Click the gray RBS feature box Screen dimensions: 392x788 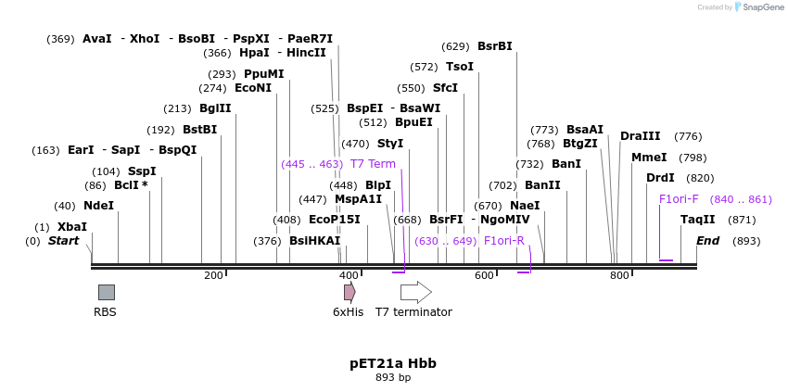click(x=107, y=292)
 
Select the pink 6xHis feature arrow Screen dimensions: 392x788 click(x=350, y=292)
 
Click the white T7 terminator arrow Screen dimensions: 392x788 click(x=415, y=292)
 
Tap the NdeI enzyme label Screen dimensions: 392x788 click(x=98, y=206)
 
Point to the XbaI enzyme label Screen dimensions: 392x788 click(x=72, y=227)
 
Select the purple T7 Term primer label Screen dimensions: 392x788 click(x=373, y=164)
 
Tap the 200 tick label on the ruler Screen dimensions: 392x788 click(x=213, y=276)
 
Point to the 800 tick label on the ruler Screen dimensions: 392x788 click(x=619, y=276)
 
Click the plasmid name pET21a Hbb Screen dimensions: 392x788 click(x=393, y=363)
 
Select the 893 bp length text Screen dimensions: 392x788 click(x=393, y=378)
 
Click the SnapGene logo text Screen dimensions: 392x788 click(x=758, y=7)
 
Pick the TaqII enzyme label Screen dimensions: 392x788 click(x=698, y=220)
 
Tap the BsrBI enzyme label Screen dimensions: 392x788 click(x=494, y=46)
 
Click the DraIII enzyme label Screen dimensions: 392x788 click(x=641, y=136)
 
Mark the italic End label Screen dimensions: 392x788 click(x=708, y=241)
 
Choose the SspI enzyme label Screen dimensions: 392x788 click(x=142, y=171)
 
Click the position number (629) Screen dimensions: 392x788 click(x=455, y=46)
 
